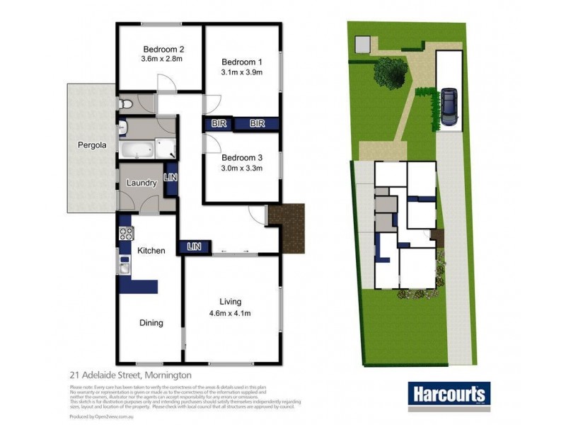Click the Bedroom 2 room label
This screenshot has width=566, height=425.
coord(163,49)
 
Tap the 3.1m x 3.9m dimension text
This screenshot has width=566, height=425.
coord(241,72)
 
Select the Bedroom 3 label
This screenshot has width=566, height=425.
coord(242,157)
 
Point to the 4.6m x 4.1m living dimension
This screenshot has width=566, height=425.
coord(231,314)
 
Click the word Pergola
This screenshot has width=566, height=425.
coord(92,146)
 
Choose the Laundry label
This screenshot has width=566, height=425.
coord(141,183)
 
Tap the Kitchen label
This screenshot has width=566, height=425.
coord(151,251)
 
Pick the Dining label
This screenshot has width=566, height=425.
coord(151,323)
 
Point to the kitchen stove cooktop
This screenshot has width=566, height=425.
coord(126,232)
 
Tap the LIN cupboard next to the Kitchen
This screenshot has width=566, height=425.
coord(195,246)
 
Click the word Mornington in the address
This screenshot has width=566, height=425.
coord(168,375)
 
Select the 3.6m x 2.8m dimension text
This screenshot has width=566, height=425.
coord(163,59)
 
